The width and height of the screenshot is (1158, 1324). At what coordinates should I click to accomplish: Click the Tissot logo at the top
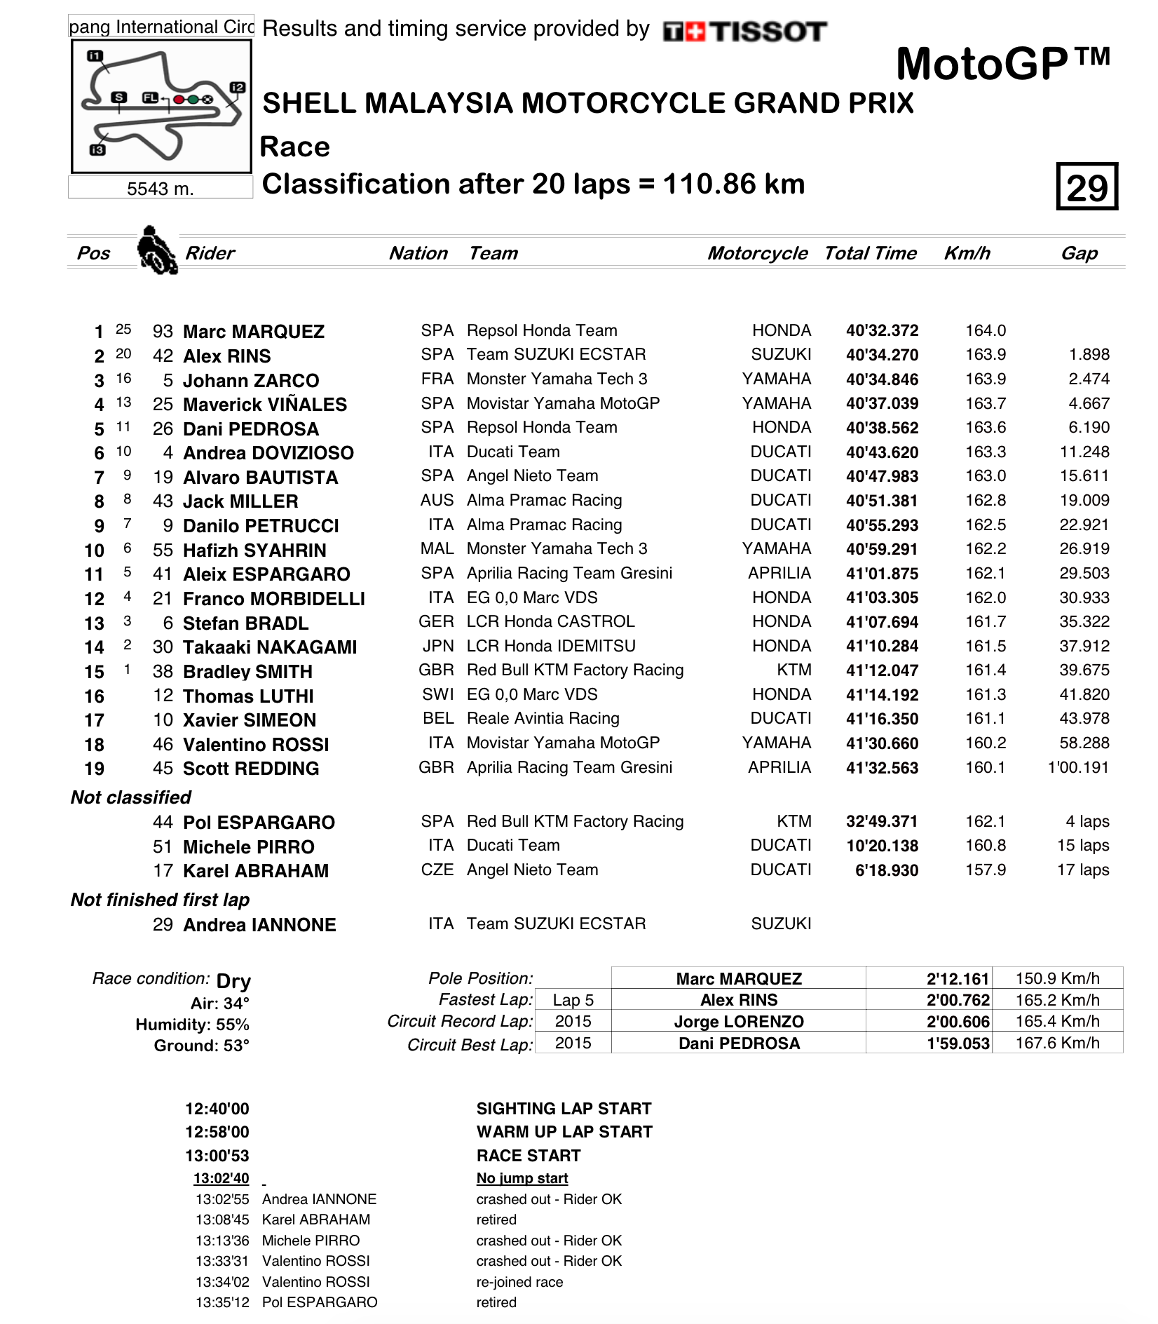[x=744, y=32]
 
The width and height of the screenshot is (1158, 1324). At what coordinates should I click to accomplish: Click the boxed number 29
[x=1087, y=187]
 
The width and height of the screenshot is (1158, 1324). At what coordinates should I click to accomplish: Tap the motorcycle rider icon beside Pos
[x=157, y=250]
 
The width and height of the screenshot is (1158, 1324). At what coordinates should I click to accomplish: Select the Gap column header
[x=1079, y=253]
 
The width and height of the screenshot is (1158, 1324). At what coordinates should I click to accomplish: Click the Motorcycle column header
[x=757, y=253]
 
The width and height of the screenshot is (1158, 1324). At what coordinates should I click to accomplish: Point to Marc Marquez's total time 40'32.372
[x=882, y=331]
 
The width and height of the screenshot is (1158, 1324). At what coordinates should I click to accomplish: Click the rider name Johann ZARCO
[x=251, y=381]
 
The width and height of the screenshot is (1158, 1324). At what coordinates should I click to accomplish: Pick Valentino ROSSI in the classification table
[x=256, y=745]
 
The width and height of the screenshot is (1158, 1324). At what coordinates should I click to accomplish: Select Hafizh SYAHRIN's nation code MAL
[x=437, y=549]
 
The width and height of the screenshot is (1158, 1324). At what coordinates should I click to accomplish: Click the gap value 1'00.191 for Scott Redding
[x=1078, y=768]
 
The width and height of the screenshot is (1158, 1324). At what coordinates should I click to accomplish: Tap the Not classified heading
[x=131, y=797]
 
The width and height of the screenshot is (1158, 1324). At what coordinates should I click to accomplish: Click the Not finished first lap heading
[x=161, y=900]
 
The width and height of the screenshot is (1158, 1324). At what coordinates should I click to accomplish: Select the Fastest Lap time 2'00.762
[x=958, y=1000]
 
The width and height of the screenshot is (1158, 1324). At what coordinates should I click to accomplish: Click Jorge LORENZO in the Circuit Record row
[x=739, y=1022]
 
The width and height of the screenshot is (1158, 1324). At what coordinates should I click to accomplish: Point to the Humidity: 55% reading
[x=192, y=1025]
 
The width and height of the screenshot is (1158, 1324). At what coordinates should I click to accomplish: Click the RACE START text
[x=529, y=1156]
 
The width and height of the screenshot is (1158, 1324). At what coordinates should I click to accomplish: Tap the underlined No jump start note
[x=522, y=1179]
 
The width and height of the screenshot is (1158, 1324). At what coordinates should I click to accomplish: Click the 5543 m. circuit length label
[x=161, y=189]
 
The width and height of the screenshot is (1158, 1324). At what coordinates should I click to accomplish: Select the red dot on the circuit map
[x=179, y=100]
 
